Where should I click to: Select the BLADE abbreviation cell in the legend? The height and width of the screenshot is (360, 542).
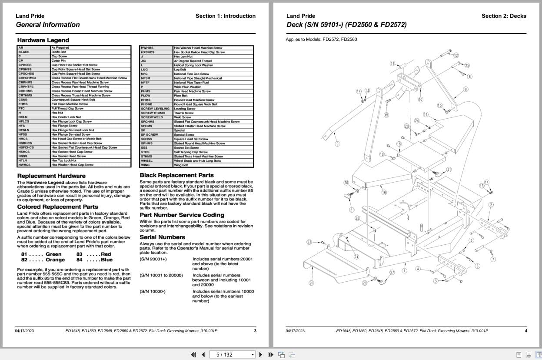point(24,52)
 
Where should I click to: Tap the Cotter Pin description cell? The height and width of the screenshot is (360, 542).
point(59,61)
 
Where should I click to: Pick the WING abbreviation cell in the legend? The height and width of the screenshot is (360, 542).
point(145,165)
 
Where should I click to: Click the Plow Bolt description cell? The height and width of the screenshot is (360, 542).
point(180,96)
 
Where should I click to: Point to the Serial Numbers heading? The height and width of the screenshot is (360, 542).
point(162,237)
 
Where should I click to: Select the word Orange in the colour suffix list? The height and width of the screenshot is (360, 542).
point(55,260)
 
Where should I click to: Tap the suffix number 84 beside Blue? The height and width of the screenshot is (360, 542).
point(80,260)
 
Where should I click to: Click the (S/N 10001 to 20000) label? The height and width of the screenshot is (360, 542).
point(161,275)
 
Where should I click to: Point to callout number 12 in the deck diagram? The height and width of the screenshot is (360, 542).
point(456,56)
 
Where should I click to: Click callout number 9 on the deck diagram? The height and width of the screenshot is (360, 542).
point(337,144)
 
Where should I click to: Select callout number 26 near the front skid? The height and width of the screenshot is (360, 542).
point(311,283)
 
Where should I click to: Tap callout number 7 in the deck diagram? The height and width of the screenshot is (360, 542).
point(493,260)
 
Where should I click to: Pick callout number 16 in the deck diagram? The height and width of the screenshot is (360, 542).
point(384,193)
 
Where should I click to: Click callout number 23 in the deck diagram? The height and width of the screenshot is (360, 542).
point(309,242)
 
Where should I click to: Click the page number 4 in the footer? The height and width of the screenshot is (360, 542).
point(525,331)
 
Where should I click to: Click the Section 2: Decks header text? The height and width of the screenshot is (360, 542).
point(503,16)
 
